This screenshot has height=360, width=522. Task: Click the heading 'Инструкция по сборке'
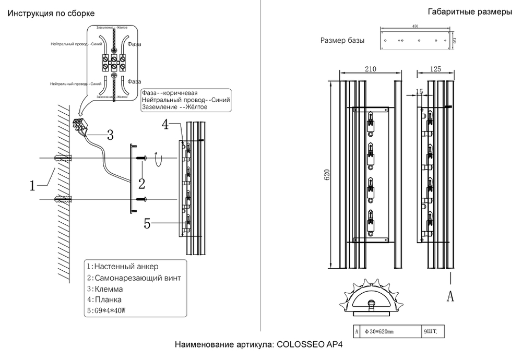point(51,13)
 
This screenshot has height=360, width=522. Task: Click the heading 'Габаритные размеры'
point(470,13)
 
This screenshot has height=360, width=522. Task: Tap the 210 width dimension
point(371,69)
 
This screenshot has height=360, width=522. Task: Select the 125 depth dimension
point(436,69)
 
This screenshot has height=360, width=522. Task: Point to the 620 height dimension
point(327,176)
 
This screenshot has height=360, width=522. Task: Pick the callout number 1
point(33,185)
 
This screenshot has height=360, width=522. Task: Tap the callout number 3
point(110,135)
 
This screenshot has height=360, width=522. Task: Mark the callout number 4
point(165,125)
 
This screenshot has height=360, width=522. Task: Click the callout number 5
point(148,224)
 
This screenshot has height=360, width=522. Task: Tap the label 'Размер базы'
point(342,41)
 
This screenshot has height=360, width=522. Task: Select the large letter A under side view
point(450,296)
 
